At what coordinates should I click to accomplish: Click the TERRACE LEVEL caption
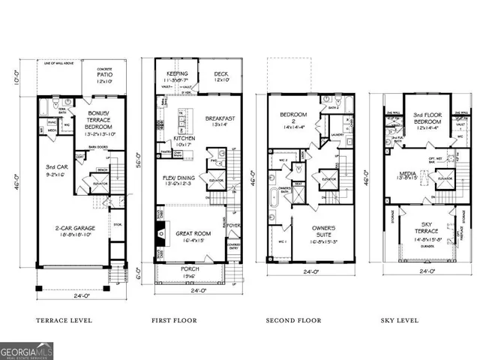click(x=64, y=320)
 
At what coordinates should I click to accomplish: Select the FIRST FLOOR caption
click(x=175, y=320)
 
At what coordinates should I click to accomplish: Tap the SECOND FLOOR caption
click(x=295, y=320)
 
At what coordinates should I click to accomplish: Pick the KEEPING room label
click(x=175, y=73)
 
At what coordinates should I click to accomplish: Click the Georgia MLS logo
click(x=27, y=349)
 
